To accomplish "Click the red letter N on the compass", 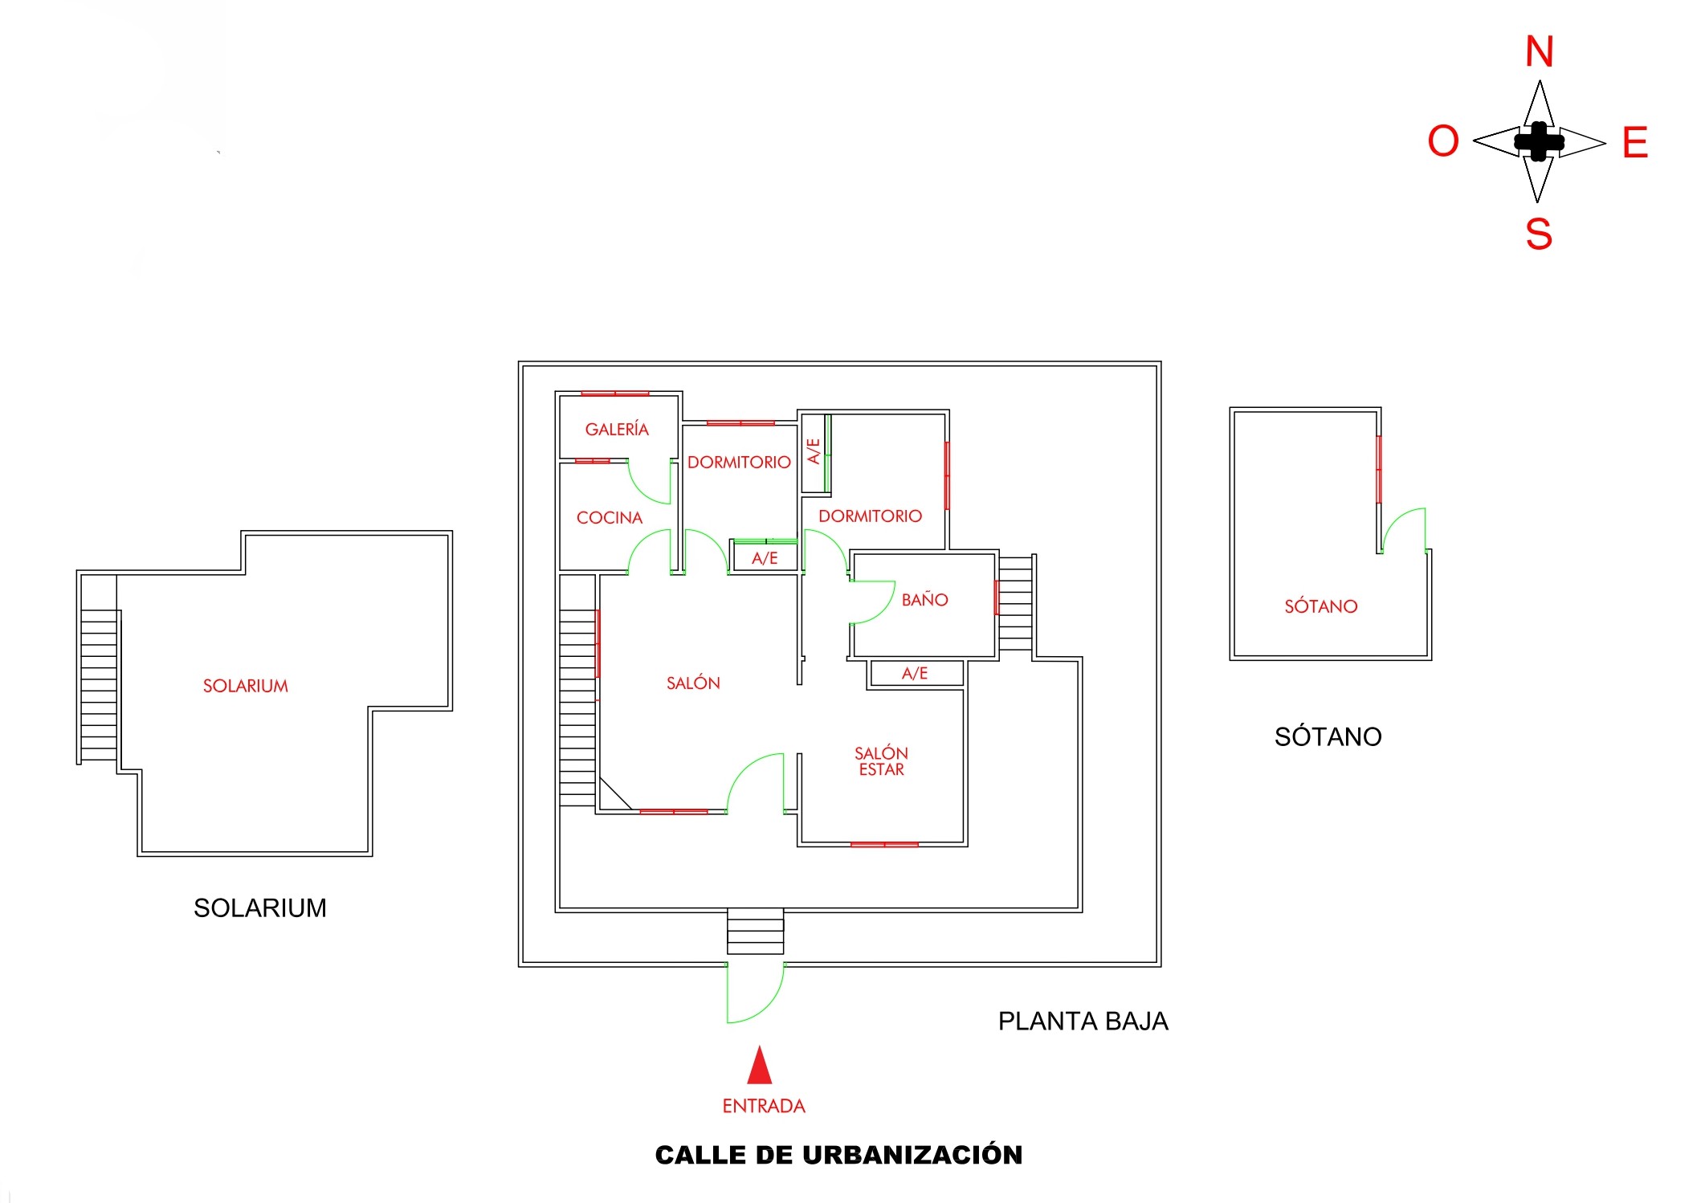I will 1539,52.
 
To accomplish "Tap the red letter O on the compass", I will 1442,142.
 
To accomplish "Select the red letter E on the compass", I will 1634,143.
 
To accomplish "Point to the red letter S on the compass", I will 1538,234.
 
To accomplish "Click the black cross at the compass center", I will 1538,142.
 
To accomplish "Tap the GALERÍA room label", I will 617,430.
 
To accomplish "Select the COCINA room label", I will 610,518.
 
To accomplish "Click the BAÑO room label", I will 924,600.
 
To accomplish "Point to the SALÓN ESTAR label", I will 881,761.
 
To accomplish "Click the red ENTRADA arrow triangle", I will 760,1066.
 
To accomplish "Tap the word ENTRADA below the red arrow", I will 763,1106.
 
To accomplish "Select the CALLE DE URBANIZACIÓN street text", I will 838,1155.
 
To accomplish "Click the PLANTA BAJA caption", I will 1083,1021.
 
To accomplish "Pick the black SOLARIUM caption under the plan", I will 259,907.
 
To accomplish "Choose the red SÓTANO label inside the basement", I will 1320,606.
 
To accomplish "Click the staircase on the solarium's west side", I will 99,685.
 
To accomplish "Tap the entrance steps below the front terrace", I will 755,932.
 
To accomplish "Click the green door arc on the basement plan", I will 1404,530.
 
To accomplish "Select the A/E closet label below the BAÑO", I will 915,674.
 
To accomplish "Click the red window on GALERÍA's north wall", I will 614,394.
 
